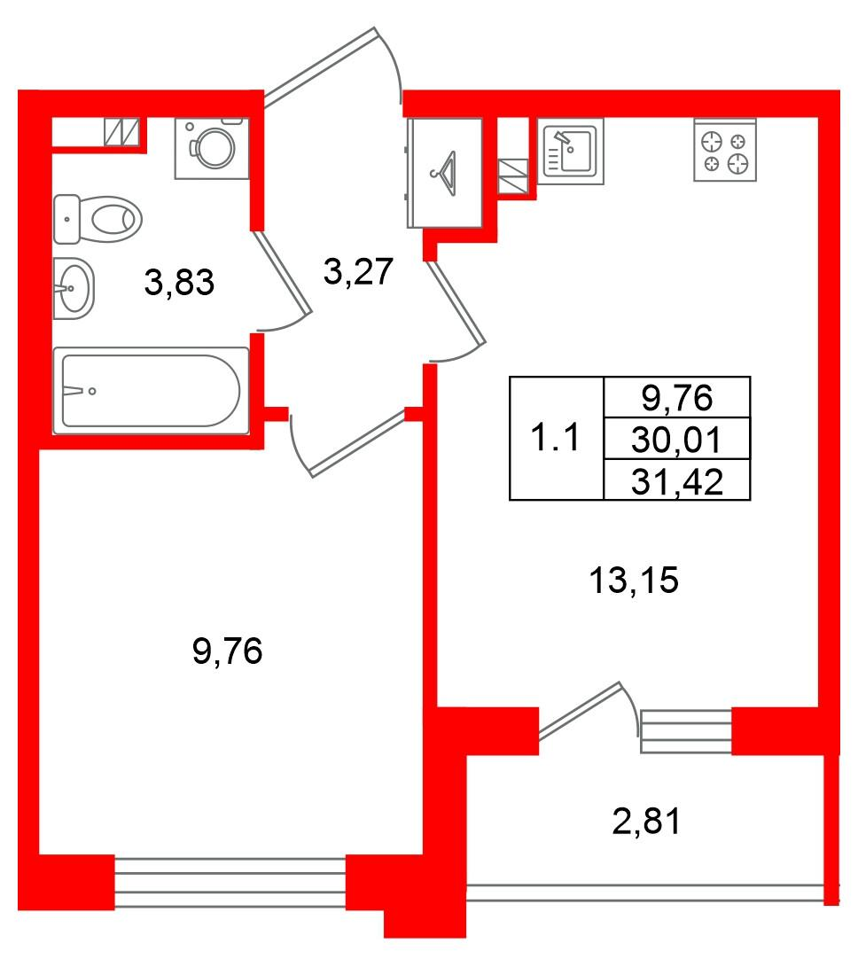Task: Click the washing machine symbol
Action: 212,148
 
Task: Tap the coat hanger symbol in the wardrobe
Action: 446,169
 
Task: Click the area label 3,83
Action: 179,284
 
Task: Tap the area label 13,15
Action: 633,581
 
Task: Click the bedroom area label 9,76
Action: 228,653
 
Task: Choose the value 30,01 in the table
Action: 677,440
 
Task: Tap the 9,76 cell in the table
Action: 677,398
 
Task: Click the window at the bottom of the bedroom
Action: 230,882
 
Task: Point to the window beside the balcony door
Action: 686,730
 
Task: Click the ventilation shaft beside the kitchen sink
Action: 513,177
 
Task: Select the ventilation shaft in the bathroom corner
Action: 122,132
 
